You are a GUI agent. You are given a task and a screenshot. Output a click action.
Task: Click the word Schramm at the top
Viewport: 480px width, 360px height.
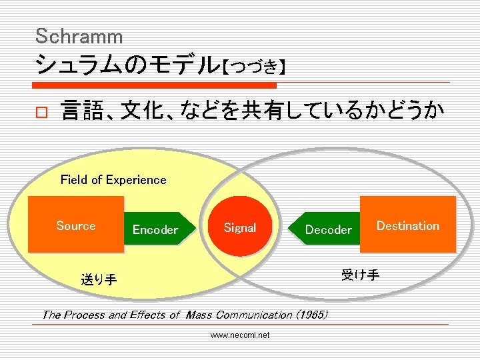(79, 35)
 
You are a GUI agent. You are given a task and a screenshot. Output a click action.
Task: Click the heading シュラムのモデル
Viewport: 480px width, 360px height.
(127, 65)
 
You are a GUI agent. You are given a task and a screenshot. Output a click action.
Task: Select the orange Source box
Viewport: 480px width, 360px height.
(76, 225)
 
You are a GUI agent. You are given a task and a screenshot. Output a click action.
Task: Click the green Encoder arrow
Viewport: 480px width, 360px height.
(160, 229)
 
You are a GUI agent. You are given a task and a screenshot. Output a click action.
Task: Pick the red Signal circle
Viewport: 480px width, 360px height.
(240, 228)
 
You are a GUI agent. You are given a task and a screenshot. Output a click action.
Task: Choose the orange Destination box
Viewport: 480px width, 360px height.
(407, 225)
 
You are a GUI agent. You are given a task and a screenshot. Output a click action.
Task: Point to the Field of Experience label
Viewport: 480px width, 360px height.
(113, 179)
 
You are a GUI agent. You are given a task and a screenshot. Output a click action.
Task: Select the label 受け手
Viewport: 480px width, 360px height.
(360, 275)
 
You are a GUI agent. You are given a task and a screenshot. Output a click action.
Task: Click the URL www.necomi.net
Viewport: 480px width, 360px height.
(240, 335)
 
